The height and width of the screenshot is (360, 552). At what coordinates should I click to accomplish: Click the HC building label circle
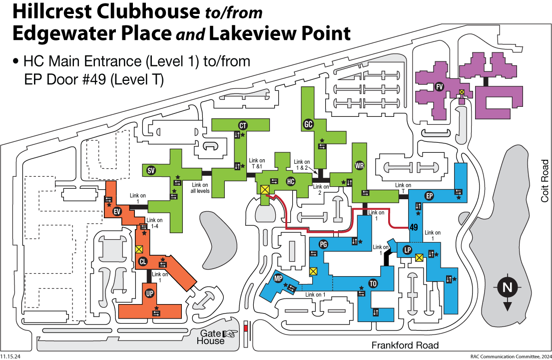tap(290, 182)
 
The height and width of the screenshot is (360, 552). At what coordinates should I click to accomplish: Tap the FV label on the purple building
tap(439, 86)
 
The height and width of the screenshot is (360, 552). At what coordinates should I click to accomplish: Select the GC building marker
tap(308, 124)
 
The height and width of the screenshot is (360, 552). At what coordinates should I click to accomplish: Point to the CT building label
tap(243, 126)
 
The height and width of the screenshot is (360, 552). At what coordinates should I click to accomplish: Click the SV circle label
tap(151, 171)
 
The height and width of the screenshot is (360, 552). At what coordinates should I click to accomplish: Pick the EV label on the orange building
tap(117, 212)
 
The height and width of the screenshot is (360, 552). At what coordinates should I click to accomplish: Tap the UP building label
tap(150, 293)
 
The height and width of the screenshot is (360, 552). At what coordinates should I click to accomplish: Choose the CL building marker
tap(142, 262)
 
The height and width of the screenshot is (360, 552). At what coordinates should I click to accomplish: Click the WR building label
tap(360, 165)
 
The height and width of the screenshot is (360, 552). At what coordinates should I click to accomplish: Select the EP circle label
tap(429, 196)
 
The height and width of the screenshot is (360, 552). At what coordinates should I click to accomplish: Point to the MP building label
tap(278, 279)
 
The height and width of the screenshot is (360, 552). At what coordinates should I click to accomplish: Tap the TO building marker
tap(373, 284)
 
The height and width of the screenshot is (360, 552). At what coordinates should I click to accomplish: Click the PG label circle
tap(323, 244)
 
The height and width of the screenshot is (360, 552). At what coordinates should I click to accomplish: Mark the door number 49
tap(414, 227)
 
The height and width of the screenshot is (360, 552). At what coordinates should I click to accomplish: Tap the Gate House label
tap(211, 337)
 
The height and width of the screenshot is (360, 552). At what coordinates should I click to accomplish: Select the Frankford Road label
tap(405, 345)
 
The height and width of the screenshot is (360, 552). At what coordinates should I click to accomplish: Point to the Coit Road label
tap(545, 181)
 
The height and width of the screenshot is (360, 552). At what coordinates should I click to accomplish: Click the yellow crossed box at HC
tap(265, 190)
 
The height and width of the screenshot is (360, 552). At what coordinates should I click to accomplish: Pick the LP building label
tap(407, 250)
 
